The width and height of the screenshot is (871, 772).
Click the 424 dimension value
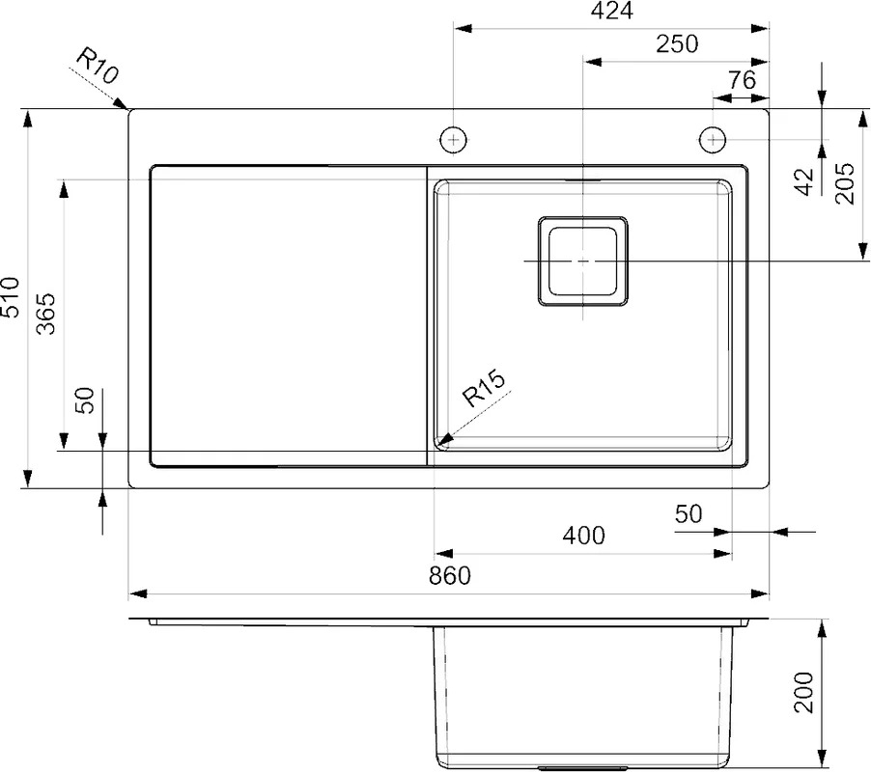[611, 12]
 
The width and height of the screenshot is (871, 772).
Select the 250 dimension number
[677, 43]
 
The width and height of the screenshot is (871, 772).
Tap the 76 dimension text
[743, 80]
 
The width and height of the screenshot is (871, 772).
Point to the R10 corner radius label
[97, 66]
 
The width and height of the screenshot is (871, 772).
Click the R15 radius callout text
[484, 389]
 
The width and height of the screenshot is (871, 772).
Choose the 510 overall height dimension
[11, 297]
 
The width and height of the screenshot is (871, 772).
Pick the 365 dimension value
[46, 314]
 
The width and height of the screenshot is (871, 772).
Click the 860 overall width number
[449, 575]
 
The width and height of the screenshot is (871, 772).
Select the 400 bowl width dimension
[583, 536]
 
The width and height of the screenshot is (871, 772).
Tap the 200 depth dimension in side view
[803, 692]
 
